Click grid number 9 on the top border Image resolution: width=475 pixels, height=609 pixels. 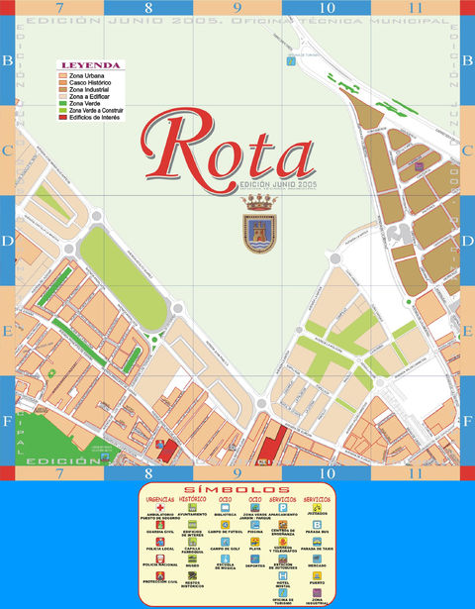[237, 8]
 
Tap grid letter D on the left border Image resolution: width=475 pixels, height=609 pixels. [8, 241]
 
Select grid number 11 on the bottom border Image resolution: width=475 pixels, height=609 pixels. [417, 473]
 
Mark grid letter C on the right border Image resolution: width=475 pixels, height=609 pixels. [466, 151]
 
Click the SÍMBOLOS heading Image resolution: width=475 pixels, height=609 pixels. [237, 490]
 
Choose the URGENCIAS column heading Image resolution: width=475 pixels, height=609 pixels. [159, 500]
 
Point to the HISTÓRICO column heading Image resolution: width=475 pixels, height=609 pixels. [192, 500]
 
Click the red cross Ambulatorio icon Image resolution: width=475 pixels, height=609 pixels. [159, 508]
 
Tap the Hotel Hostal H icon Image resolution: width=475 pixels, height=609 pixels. [284, 579]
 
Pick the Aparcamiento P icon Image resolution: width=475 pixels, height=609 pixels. [284, 508]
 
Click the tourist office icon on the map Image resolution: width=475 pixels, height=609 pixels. [290, 60]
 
